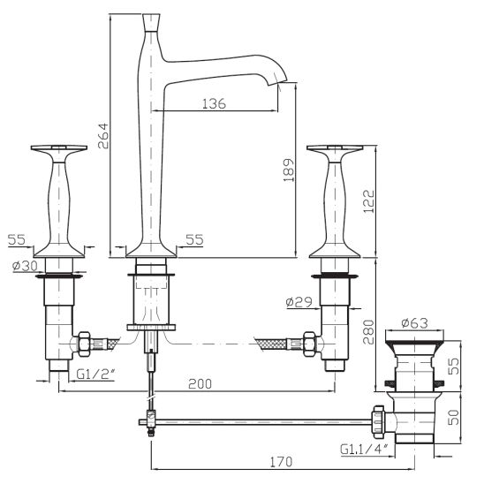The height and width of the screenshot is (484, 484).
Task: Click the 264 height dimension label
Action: pos(103,136)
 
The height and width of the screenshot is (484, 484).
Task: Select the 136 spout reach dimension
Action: pos(214,103)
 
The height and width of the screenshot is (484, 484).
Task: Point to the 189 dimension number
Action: pos(289,170)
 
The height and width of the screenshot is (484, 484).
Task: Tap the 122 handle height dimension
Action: pos(368,201)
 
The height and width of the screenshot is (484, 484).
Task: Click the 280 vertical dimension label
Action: pos(368,332)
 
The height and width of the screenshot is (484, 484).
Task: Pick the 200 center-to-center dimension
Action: pos(200,383)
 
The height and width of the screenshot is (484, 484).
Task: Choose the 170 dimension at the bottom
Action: pos(281,462)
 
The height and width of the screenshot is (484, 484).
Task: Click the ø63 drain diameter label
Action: pos(414,323)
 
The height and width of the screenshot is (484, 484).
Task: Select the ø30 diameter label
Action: pos(25,266)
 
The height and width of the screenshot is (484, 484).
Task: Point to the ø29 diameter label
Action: pos(299,302)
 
